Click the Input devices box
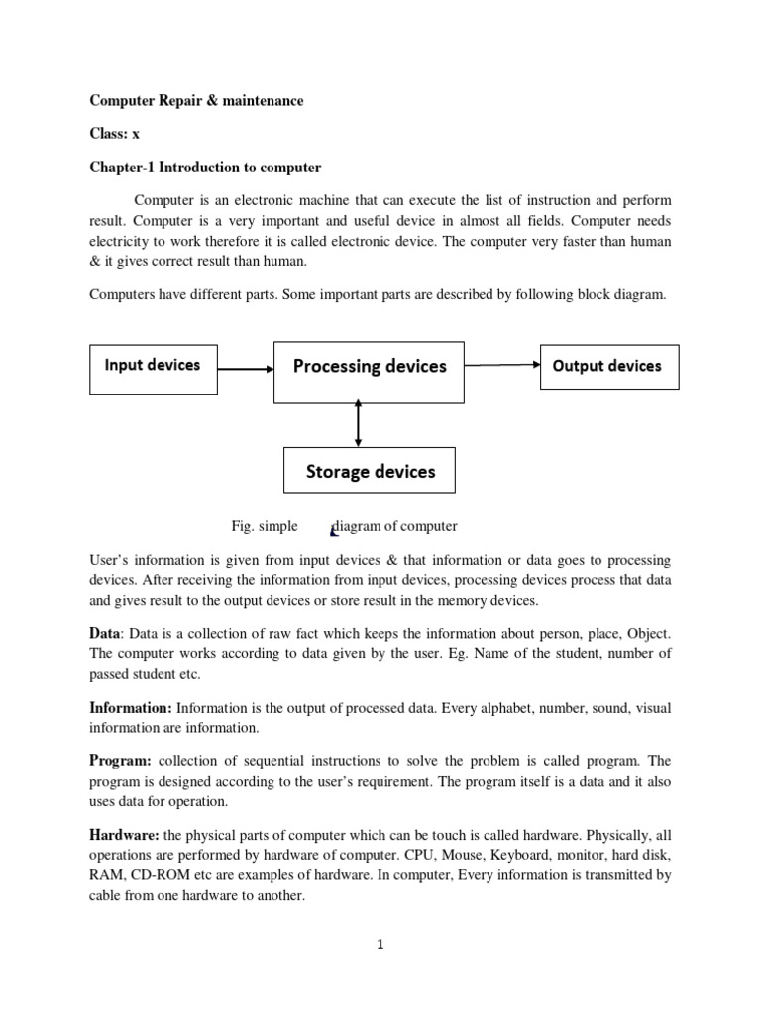[153, 366]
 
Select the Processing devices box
[369, 368]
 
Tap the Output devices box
[608, 367]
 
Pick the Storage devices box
[370, 471]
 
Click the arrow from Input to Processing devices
[245, 369]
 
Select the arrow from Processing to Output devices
[501, 365]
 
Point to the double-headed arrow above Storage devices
[358, 423]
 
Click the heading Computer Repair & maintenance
[196, 101]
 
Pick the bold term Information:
[131, 708]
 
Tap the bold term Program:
[120, 761]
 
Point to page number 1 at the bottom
[380, 944]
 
